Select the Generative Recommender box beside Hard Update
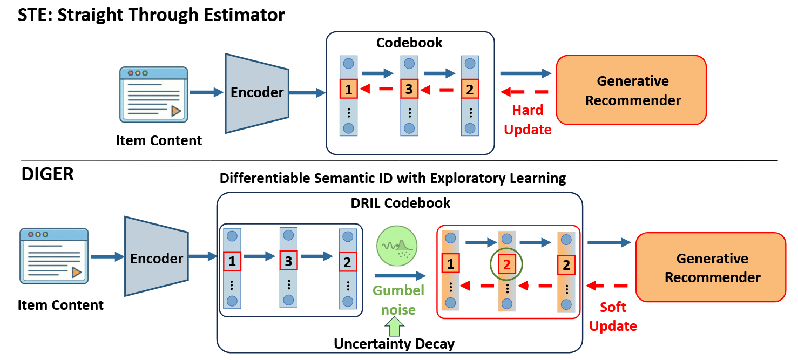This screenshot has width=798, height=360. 631,90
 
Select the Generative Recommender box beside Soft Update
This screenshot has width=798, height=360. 711,268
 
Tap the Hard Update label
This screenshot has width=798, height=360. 528,120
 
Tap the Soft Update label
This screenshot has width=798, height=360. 613,317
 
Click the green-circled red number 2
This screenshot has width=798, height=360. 506,264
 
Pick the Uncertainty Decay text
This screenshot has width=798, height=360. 394,344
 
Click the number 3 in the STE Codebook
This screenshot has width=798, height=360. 409,90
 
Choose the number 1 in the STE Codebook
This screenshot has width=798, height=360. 349,90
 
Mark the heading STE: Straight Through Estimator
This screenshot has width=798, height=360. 151,15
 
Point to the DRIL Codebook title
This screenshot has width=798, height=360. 400,203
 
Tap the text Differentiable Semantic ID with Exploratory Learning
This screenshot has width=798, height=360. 393,178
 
